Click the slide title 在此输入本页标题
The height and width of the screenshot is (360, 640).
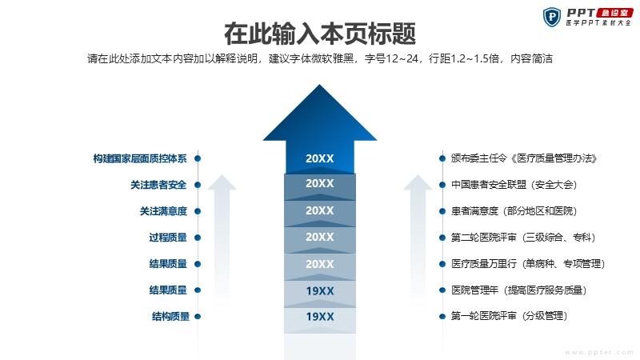point(319,34)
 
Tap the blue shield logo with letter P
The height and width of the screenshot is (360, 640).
point(552,17)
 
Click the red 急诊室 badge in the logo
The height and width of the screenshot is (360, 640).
point(614,13)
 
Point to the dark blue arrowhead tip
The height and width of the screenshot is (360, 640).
point(319,85)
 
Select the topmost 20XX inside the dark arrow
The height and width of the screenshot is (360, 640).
point(319,158)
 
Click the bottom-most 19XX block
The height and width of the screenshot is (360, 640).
point(320,316)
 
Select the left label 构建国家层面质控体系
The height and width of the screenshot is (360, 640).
point(140,158)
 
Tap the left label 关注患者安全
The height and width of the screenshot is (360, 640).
point(158,185)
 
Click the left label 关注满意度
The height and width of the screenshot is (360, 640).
point(163,211)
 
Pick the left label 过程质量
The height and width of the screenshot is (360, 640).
point(168,238)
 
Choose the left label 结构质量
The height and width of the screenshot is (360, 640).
point(170,316)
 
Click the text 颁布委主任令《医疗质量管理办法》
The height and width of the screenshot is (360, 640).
point(524,158)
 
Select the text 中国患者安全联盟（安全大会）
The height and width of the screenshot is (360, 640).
point(514,185)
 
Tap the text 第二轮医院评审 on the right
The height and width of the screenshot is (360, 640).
point(484,238)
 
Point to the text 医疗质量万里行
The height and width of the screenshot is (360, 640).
point(484,264)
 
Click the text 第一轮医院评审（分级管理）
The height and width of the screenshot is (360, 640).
point(510,316)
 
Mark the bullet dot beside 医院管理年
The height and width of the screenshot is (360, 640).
point(442,290)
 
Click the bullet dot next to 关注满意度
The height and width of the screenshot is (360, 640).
point(198,211)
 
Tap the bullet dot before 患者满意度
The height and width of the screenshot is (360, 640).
point(442,211)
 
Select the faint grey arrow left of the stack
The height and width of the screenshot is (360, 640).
point(222,241)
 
